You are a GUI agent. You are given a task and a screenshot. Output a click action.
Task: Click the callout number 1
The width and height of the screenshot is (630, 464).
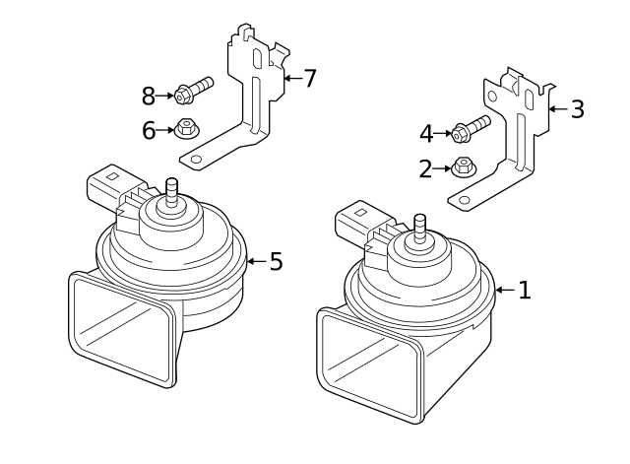pos(525,290)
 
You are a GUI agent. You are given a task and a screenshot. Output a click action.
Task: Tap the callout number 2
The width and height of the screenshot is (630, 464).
pos(425,168)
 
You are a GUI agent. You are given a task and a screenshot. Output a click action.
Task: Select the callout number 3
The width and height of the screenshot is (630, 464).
pos(577,109)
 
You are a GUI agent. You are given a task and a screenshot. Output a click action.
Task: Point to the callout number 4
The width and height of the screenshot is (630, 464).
pos(425,133)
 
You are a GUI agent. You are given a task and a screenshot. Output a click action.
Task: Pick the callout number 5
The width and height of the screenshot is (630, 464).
pos(276,261)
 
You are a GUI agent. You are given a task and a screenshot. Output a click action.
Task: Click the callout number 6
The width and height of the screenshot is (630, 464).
pos(149,130)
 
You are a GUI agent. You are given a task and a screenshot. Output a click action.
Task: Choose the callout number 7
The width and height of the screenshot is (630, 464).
pos(310,78)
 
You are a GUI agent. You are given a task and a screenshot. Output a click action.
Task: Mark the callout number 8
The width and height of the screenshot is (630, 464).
pos(149,96)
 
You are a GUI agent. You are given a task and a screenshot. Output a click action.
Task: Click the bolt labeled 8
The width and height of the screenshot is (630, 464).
pos(193,92)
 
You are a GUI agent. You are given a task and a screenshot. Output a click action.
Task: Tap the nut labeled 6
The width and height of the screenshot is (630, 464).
pos(185,128)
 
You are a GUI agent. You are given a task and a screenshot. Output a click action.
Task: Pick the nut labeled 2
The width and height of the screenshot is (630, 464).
pos(465,166)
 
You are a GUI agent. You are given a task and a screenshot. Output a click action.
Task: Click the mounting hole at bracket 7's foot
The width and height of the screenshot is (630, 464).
pos(196,158)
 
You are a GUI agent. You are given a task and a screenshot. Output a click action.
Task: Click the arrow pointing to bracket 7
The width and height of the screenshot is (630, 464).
pos(291,78)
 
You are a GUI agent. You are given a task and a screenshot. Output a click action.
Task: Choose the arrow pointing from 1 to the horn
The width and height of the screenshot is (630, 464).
pos(504,290)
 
